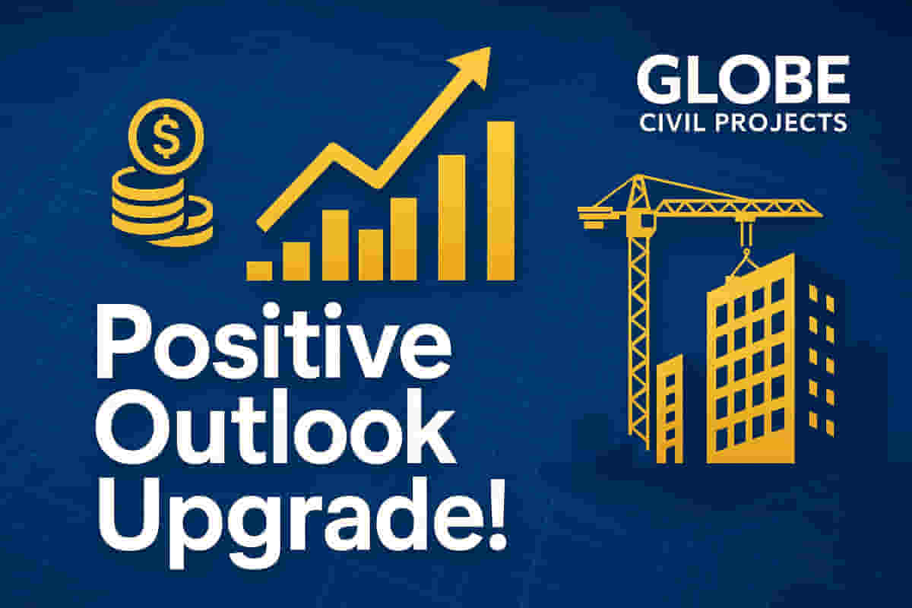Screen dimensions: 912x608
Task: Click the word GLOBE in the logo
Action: (743, 79)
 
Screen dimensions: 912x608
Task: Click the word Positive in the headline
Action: (274, 340)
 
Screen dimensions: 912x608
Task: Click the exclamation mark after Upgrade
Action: (496, 514)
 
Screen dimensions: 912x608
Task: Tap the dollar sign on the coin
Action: (166, 136)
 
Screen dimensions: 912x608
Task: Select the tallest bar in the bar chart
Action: (501, 201)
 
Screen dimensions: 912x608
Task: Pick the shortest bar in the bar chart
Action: (259, 271)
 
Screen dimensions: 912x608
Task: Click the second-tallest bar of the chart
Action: (451, 217)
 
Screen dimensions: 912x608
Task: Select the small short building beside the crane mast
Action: (670, 409)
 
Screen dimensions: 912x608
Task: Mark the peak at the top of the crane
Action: (638, 176)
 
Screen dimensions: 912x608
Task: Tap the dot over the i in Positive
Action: (270, 311)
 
